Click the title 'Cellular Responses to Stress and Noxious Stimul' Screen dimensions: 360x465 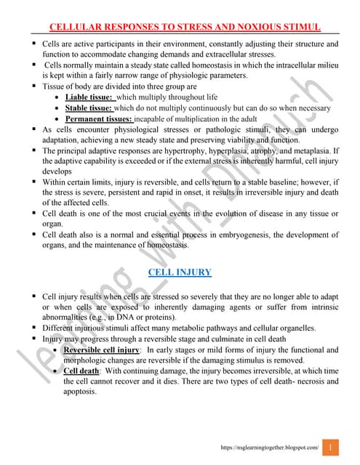click(184, 28)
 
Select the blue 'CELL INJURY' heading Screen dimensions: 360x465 click(180, 272)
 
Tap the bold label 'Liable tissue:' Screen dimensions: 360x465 click(89, 97)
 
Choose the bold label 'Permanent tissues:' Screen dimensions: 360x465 click(99, 118)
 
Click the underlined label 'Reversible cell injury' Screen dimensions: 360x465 click(102, 349)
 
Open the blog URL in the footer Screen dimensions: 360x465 click(270, 448)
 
